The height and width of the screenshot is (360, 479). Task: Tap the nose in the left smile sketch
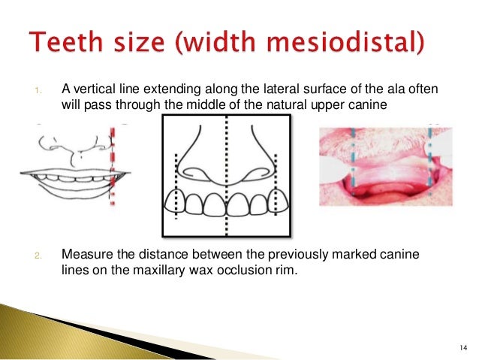tap(76, 145)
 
